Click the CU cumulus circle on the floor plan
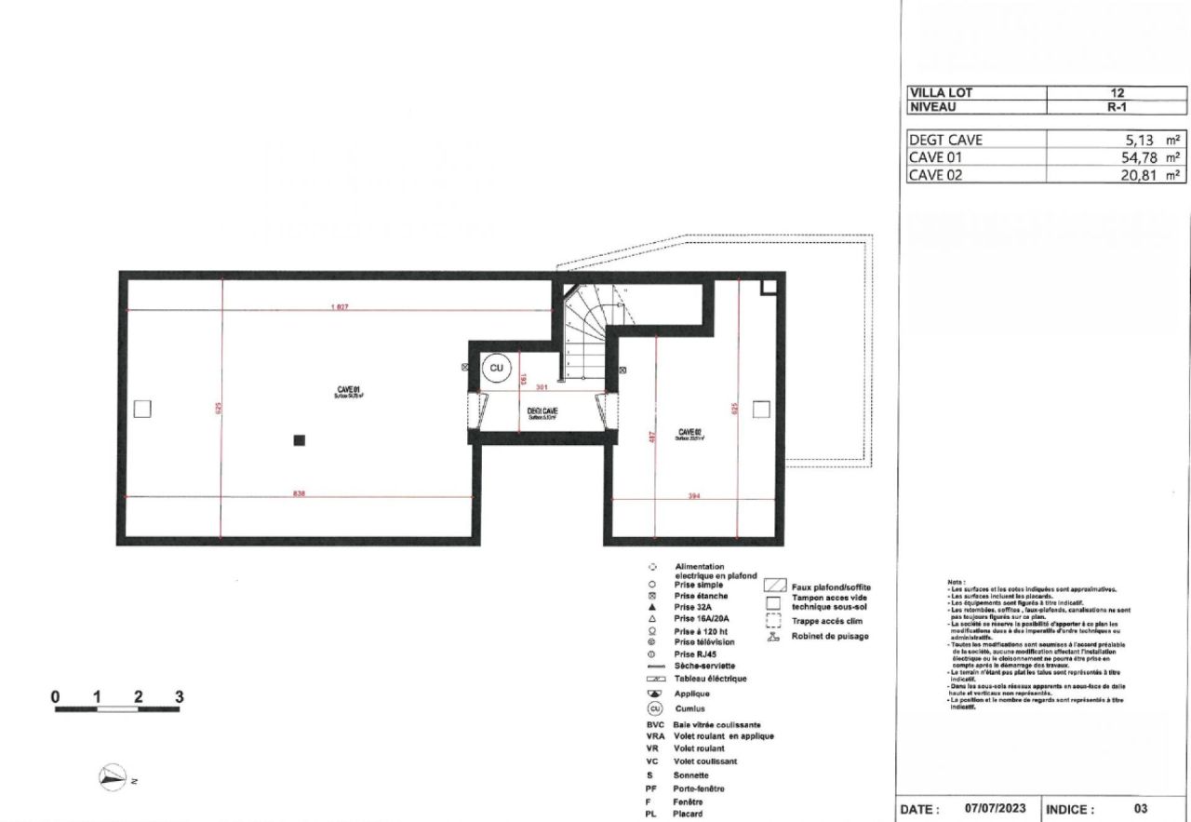tap(496, 369)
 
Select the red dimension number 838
tap(300, 493)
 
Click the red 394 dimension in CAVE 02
tap(692, 495)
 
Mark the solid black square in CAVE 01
tap(299, 440)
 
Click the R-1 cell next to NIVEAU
tap(1117, 107)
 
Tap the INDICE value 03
tap(1141, 809)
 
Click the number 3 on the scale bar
tap(179, 695)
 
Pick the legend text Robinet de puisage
tap(830, 637)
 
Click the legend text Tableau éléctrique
tap(711, 679)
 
